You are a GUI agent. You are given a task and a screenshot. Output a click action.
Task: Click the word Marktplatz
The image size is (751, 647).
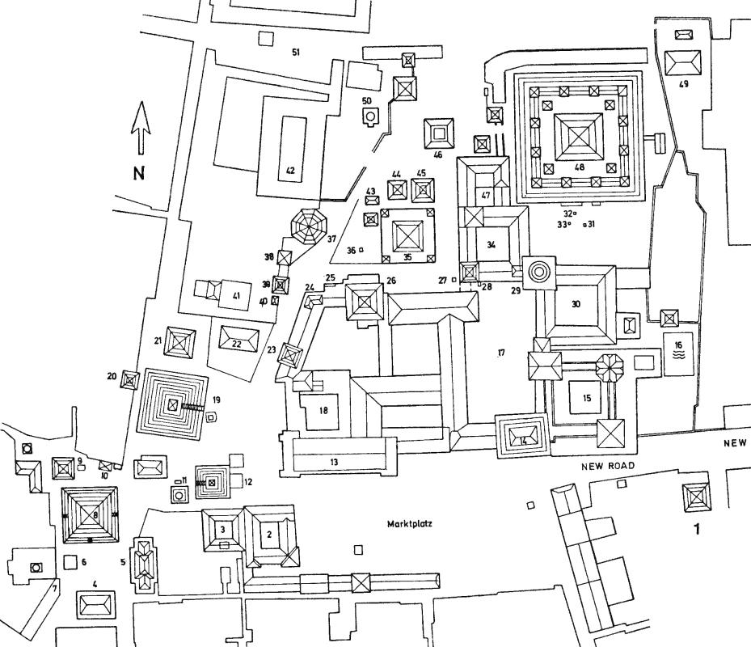(x=410, y=523)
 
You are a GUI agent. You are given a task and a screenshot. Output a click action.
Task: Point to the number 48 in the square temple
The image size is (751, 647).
(x=579, y=167)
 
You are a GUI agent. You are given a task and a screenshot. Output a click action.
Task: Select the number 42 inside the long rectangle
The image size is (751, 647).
(x=288, y=171)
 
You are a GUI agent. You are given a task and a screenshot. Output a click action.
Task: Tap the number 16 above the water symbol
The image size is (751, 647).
(x=677, y=342)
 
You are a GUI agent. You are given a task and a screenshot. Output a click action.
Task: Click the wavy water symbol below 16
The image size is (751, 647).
(x=677, y=355)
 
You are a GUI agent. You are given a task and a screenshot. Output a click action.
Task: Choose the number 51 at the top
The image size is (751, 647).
(x=296, y=53)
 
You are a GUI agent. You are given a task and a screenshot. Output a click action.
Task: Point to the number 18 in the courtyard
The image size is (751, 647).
(x=323, y=411)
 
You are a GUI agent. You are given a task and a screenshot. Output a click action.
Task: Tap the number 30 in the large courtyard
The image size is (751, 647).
(x=576, y=305)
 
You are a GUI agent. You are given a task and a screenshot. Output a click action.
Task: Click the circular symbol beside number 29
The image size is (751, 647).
(x=539, y=273)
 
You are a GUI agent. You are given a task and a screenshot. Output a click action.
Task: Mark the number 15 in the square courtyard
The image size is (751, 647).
(x=587, y=398)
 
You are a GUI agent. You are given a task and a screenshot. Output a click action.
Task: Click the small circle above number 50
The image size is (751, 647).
(x=370, y=117)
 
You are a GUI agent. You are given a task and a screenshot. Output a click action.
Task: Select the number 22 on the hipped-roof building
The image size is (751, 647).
(x=236, y=343)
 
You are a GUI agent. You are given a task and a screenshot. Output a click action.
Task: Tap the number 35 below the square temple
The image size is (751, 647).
(x=407, y=257)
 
